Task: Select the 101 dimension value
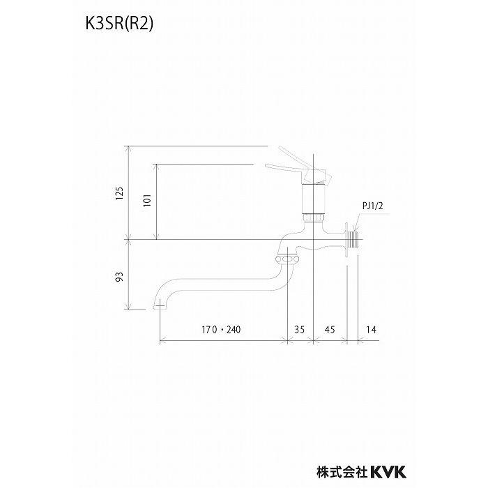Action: [146, 201]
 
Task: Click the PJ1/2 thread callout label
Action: [372, 206]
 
